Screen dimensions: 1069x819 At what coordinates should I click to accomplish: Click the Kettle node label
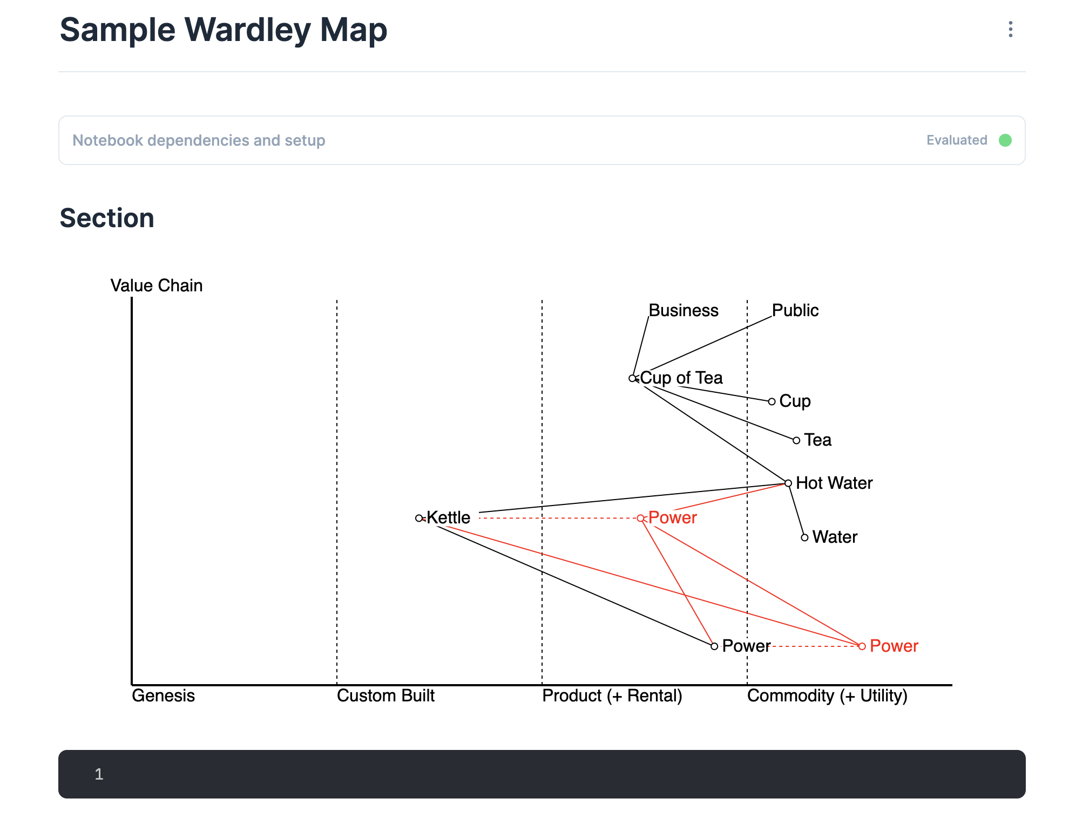(448, 518)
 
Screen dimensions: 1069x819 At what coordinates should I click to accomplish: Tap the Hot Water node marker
(788, 483)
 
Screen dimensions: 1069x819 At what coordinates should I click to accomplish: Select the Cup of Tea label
(681, 378)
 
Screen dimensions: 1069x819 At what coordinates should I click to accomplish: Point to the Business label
(684, 310)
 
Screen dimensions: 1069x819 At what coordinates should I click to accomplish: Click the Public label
(795, 310)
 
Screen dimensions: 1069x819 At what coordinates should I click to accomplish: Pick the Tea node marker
(796, 441)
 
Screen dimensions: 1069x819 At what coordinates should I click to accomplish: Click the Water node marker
(804, 538)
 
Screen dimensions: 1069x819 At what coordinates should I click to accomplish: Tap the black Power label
(746, 646)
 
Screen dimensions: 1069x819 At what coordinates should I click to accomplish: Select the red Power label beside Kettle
(673, 518)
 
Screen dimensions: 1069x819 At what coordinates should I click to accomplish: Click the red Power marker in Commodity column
(862, 646)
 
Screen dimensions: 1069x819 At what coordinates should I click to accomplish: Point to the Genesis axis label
(163, 696)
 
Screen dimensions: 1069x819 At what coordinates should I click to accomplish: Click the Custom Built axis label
(385, 696)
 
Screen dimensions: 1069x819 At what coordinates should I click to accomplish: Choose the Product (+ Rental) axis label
(612, 696)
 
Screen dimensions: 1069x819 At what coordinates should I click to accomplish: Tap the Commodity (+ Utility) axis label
(827, 696)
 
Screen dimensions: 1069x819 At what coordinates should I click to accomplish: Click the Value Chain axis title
(157, 285)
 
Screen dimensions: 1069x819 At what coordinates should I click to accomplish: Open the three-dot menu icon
(1011, 29)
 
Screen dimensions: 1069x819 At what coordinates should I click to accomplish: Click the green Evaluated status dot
(1005, 140)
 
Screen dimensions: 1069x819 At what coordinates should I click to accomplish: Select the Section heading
(107, 218)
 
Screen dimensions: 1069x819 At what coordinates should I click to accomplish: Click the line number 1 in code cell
(99, 774)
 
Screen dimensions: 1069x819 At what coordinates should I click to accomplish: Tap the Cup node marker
(772, 401)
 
